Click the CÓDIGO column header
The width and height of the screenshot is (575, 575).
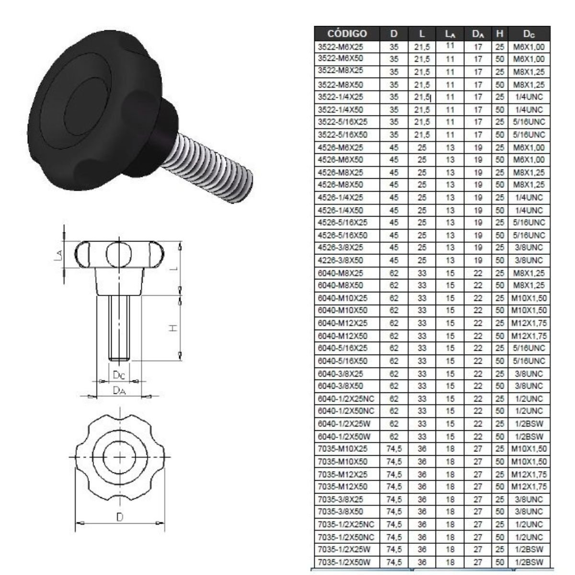(x=347, y=34)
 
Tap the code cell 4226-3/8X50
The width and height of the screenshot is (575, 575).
(x=340, y=261)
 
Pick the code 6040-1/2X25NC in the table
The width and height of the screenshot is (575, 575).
(x=346, y=399)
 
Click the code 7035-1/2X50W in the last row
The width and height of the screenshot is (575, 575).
(x=344, y=562)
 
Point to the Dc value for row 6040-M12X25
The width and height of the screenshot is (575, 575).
(x=529, y=323)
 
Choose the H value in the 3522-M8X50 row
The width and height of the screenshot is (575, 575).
(x=499, y=85)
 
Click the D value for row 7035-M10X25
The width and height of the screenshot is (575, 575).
(x=394, y=449)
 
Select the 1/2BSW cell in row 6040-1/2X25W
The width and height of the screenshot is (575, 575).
(x=529, y=424)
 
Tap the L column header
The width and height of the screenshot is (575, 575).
(x=422, y=34)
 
